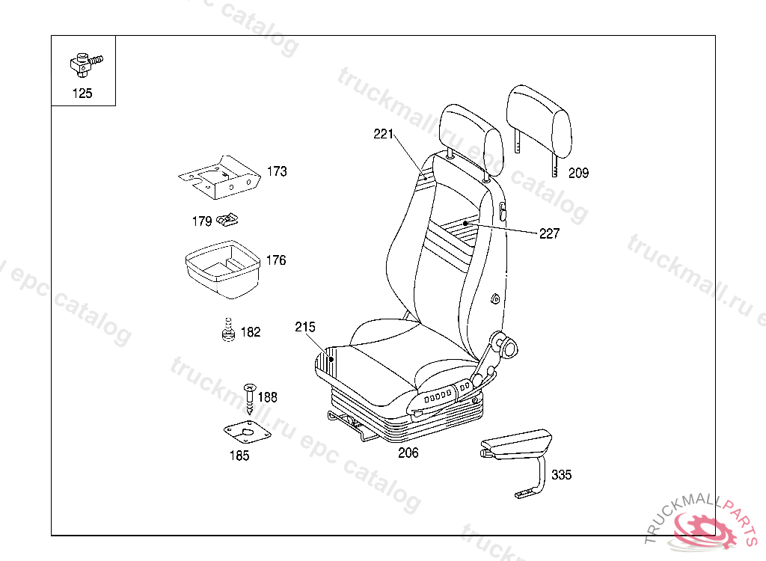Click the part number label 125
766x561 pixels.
82,93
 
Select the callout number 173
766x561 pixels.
277,171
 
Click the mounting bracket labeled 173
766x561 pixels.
219,177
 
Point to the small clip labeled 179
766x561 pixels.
227,221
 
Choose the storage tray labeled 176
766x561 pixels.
223,269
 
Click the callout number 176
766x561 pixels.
276,260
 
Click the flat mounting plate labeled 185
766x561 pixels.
247,432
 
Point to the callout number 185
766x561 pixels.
239,456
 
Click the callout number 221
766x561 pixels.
384,134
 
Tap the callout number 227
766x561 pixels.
549,233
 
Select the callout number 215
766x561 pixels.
305,327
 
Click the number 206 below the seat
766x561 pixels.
408,453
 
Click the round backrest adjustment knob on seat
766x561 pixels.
509,349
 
